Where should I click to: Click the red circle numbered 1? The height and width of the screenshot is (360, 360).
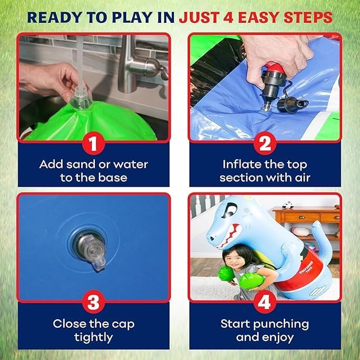93,144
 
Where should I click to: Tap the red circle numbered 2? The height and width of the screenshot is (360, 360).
265,144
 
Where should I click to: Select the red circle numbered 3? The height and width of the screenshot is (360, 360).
93,302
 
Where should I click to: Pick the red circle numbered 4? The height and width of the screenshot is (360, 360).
265,302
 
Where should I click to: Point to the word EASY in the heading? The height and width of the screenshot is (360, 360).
258,17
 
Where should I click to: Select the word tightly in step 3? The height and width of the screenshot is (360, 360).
93,338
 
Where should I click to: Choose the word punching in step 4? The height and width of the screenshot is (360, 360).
281,324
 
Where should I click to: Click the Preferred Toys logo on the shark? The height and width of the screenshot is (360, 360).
306,267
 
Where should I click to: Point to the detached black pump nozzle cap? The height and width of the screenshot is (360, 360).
289,104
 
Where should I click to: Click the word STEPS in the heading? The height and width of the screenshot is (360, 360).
308,17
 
